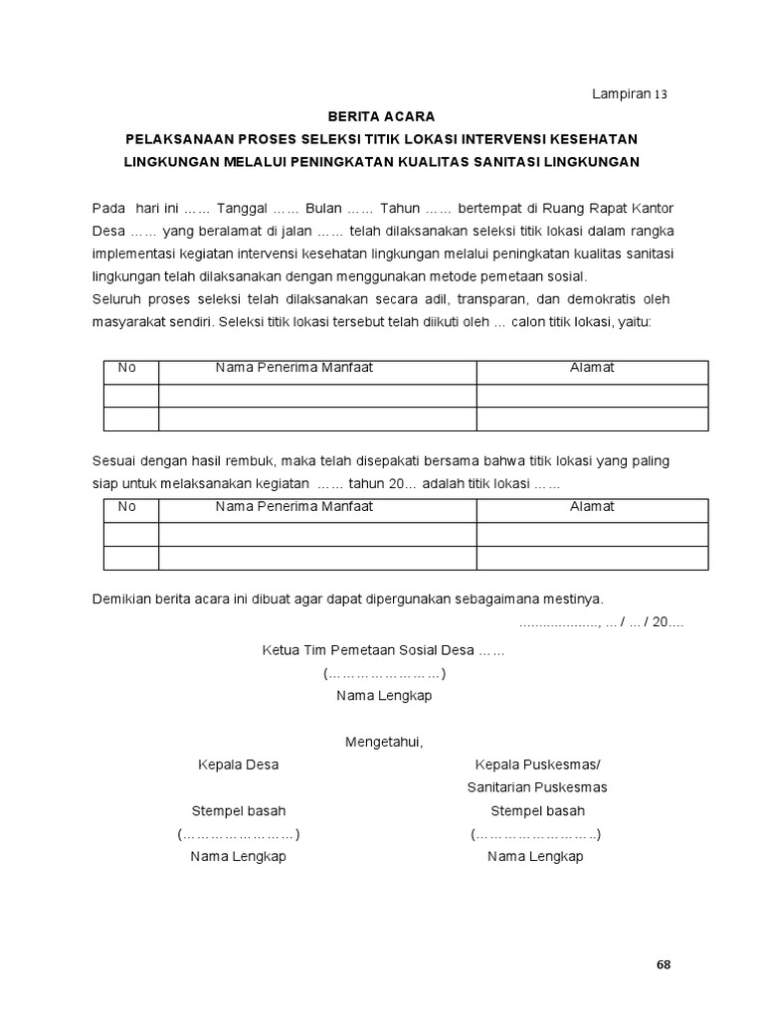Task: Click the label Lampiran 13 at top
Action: point(629,94)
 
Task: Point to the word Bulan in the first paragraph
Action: point(324,208)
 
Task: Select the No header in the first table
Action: point(126,368)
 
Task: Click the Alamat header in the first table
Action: point(592,368)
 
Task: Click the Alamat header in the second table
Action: point(592,506)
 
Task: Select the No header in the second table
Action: point(126,506)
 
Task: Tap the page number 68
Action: point(664,965)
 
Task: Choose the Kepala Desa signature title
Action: point(239,764)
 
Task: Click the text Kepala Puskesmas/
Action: point(537,764)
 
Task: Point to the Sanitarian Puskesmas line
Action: point(537,787)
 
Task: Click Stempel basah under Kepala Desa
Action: point(239,810)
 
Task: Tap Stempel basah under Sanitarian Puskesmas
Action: point(537,810)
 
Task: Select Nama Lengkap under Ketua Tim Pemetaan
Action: point(384,696)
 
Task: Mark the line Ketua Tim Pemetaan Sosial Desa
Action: point(383,651)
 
